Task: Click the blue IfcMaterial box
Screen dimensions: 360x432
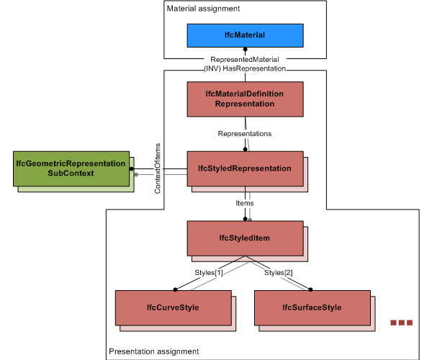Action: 245,35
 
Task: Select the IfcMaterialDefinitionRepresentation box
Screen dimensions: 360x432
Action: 245,99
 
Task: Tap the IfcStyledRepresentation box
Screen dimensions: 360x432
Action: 245,168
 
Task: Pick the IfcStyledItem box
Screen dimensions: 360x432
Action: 245,238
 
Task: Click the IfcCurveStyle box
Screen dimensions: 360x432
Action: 173,307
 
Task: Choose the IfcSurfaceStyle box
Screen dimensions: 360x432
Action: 312,307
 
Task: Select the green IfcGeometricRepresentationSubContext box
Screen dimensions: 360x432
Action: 71,168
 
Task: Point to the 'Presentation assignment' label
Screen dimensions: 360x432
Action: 153,351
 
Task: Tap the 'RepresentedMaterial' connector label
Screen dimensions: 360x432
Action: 245,59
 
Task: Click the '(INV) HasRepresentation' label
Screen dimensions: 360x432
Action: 245,68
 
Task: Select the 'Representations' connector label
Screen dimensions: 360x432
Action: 245,133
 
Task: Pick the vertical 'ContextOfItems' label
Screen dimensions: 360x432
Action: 158,173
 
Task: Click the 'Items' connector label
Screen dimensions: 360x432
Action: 245,203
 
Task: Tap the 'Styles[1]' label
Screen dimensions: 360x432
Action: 209,273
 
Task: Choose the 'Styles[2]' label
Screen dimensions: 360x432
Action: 279,273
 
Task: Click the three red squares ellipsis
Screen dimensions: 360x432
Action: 401,323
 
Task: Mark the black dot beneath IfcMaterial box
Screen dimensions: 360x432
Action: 245,50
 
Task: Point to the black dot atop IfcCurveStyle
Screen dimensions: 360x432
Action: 174,289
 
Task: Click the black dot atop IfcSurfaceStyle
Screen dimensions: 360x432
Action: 311,289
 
